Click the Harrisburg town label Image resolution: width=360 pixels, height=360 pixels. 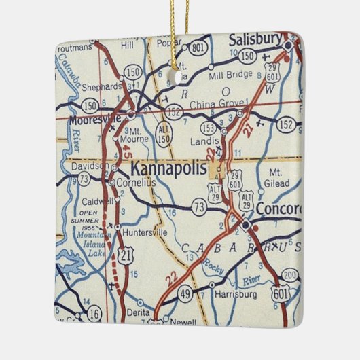click(x=234, y=295)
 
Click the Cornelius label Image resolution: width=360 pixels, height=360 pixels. click(x=135, y=183)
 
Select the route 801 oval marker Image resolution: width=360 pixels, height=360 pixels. click(x=199, y=48)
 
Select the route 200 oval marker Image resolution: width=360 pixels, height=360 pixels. click(x=290, y=276)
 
